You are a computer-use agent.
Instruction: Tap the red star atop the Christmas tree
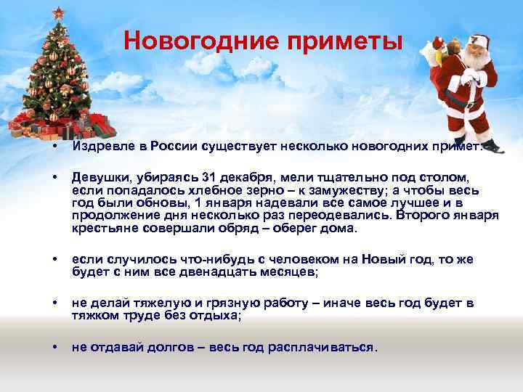coord(57,12)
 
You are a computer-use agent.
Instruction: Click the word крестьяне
coord(103,229)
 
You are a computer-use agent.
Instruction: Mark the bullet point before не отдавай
coord(55,347)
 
